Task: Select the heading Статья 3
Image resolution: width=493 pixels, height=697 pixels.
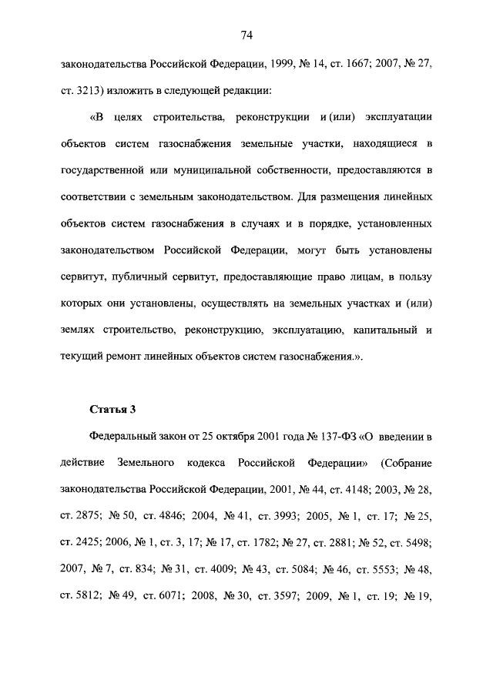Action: click(x=112, y=409)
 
